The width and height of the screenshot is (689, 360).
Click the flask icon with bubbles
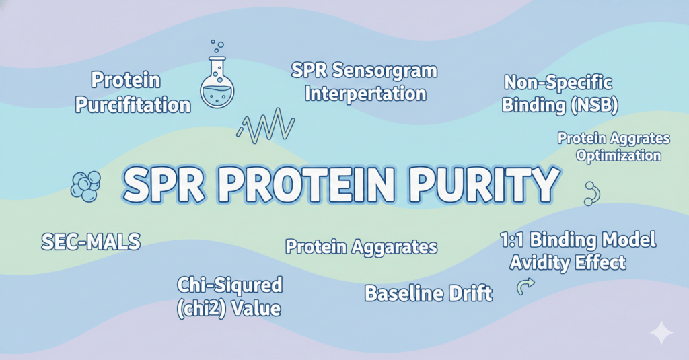pos(217,79)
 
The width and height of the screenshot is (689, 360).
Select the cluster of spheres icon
pos(85,186)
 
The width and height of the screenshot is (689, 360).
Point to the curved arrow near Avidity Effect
pos(525,286)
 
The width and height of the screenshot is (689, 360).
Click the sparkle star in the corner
pos(661,332)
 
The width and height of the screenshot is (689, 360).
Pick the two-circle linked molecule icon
pos(592,194)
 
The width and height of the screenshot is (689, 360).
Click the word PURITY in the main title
pos(483,184)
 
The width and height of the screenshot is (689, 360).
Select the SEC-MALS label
pos(91,242)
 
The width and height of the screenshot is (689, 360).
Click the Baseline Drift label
pos(429,293)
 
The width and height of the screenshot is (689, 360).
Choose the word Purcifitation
pos(133,105)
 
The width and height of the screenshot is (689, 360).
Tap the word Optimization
pos(619,156)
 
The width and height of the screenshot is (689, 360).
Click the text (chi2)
pos(201,309)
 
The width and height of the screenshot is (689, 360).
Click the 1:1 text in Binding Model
pos(512,240)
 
